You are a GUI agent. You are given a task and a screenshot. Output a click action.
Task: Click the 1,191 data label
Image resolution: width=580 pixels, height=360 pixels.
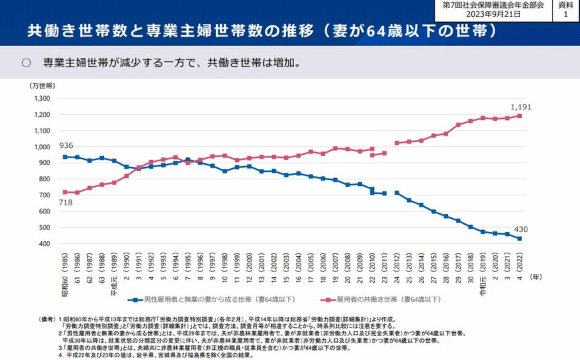tap(521, 107)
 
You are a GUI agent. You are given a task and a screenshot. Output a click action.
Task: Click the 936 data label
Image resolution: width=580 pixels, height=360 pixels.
tap(65, 146)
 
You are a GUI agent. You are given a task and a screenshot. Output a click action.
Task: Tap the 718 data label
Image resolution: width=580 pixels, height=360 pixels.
tap(65, 203)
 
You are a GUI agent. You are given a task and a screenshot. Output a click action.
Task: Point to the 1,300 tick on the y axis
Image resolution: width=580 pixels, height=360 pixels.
tap(41, 98)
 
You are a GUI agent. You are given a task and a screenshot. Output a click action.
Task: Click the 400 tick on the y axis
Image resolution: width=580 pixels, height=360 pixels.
tap(44, 243)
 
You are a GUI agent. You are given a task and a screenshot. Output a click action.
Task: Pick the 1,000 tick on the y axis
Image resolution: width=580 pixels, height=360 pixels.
tap(41, 147)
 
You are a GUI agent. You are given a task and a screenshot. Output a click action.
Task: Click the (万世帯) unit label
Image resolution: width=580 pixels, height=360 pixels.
tap(41, 86)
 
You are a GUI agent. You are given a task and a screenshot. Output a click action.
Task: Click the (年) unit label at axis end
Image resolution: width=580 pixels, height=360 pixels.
tap(535, 275)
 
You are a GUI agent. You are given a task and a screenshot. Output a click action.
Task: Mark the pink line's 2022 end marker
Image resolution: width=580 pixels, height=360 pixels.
tap(519, 115)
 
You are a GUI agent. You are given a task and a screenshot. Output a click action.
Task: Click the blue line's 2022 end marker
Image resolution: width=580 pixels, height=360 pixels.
tap(519, 239)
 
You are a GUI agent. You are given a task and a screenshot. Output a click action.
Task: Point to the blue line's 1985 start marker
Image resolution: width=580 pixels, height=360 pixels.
tap(65, 157)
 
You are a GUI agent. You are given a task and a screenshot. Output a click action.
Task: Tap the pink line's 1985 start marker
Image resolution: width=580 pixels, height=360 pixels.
tap(65, 192)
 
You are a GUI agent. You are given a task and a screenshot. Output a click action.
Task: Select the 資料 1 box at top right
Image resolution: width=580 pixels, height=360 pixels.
tap(566, 9)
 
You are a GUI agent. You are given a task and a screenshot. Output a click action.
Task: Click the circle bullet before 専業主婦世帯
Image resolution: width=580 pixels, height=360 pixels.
tap(27, 63)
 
